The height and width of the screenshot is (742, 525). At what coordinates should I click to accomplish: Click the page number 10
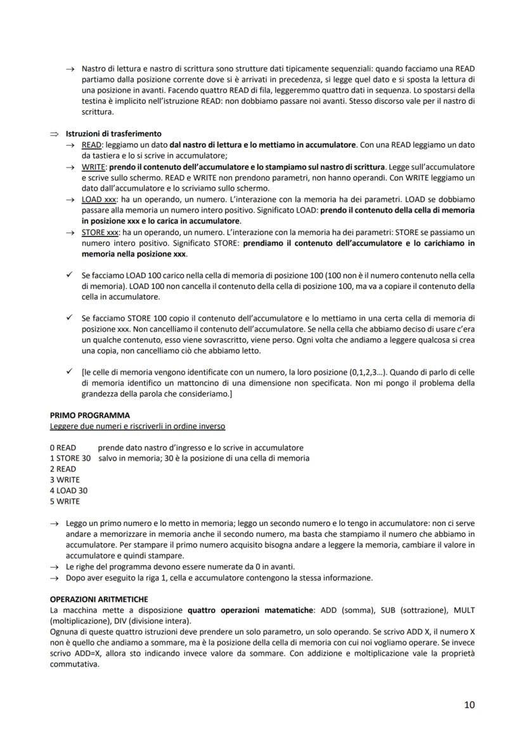tap(469, 705)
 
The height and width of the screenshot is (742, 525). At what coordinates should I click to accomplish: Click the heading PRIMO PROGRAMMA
tap(89, 416)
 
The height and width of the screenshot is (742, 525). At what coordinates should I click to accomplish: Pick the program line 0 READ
tap(63, 447)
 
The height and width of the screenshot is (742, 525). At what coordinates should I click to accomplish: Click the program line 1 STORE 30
tap(70, 458)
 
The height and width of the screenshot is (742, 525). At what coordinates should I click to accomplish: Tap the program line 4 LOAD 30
tap(68, 490)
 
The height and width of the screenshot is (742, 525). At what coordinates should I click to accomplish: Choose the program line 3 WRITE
tap(65, 480)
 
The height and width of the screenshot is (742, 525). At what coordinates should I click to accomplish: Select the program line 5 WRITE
tap(65, 501)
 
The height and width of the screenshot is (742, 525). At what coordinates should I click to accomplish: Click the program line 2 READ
tap(63, 469)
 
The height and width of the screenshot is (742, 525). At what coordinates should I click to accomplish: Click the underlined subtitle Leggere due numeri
tap(137, 426)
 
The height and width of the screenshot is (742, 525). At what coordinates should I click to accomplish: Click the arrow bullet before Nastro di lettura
tap(69, 68)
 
